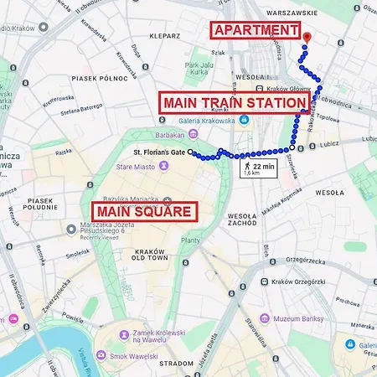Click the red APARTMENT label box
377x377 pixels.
[255, 31]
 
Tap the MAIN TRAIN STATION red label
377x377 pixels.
[234, 102]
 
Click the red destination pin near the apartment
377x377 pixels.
[307, 37]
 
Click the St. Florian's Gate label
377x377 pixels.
[161, 152]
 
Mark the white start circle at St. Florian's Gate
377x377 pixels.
[191, 152]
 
